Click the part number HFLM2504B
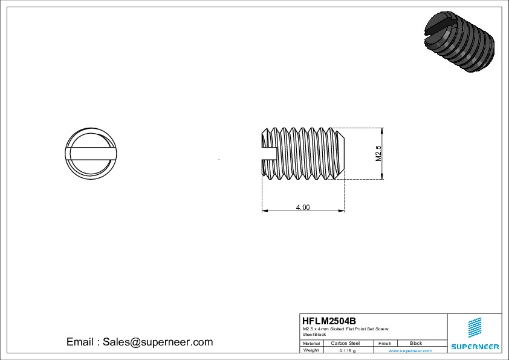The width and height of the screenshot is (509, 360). point(329,321)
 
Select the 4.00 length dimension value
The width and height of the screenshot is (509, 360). point(302,207)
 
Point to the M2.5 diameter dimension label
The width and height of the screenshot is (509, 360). point(379,154)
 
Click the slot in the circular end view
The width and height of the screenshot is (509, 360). point(89,153)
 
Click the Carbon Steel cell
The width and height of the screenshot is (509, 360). point(345,343)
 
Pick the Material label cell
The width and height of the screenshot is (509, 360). point(311,343)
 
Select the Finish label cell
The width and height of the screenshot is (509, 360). point(384,343)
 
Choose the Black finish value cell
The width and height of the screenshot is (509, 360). point(416,343)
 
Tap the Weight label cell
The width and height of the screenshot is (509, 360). point(311,350)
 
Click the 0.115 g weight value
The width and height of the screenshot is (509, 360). point(347,350)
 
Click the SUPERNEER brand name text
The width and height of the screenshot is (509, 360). point(475,347)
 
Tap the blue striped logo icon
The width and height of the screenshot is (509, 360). point(475,327)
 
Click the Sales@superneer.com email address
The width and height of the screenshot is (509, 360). point(157,342)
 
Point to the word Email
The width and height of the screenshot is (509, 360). point(80,342)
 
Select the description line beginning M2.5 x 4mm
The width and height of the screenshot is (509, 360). point(345,329)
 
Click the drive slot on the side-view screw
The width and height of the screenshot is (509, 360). point(269,154)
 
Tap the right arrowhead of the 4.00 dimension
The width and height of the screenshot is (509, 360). point(342,211)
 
